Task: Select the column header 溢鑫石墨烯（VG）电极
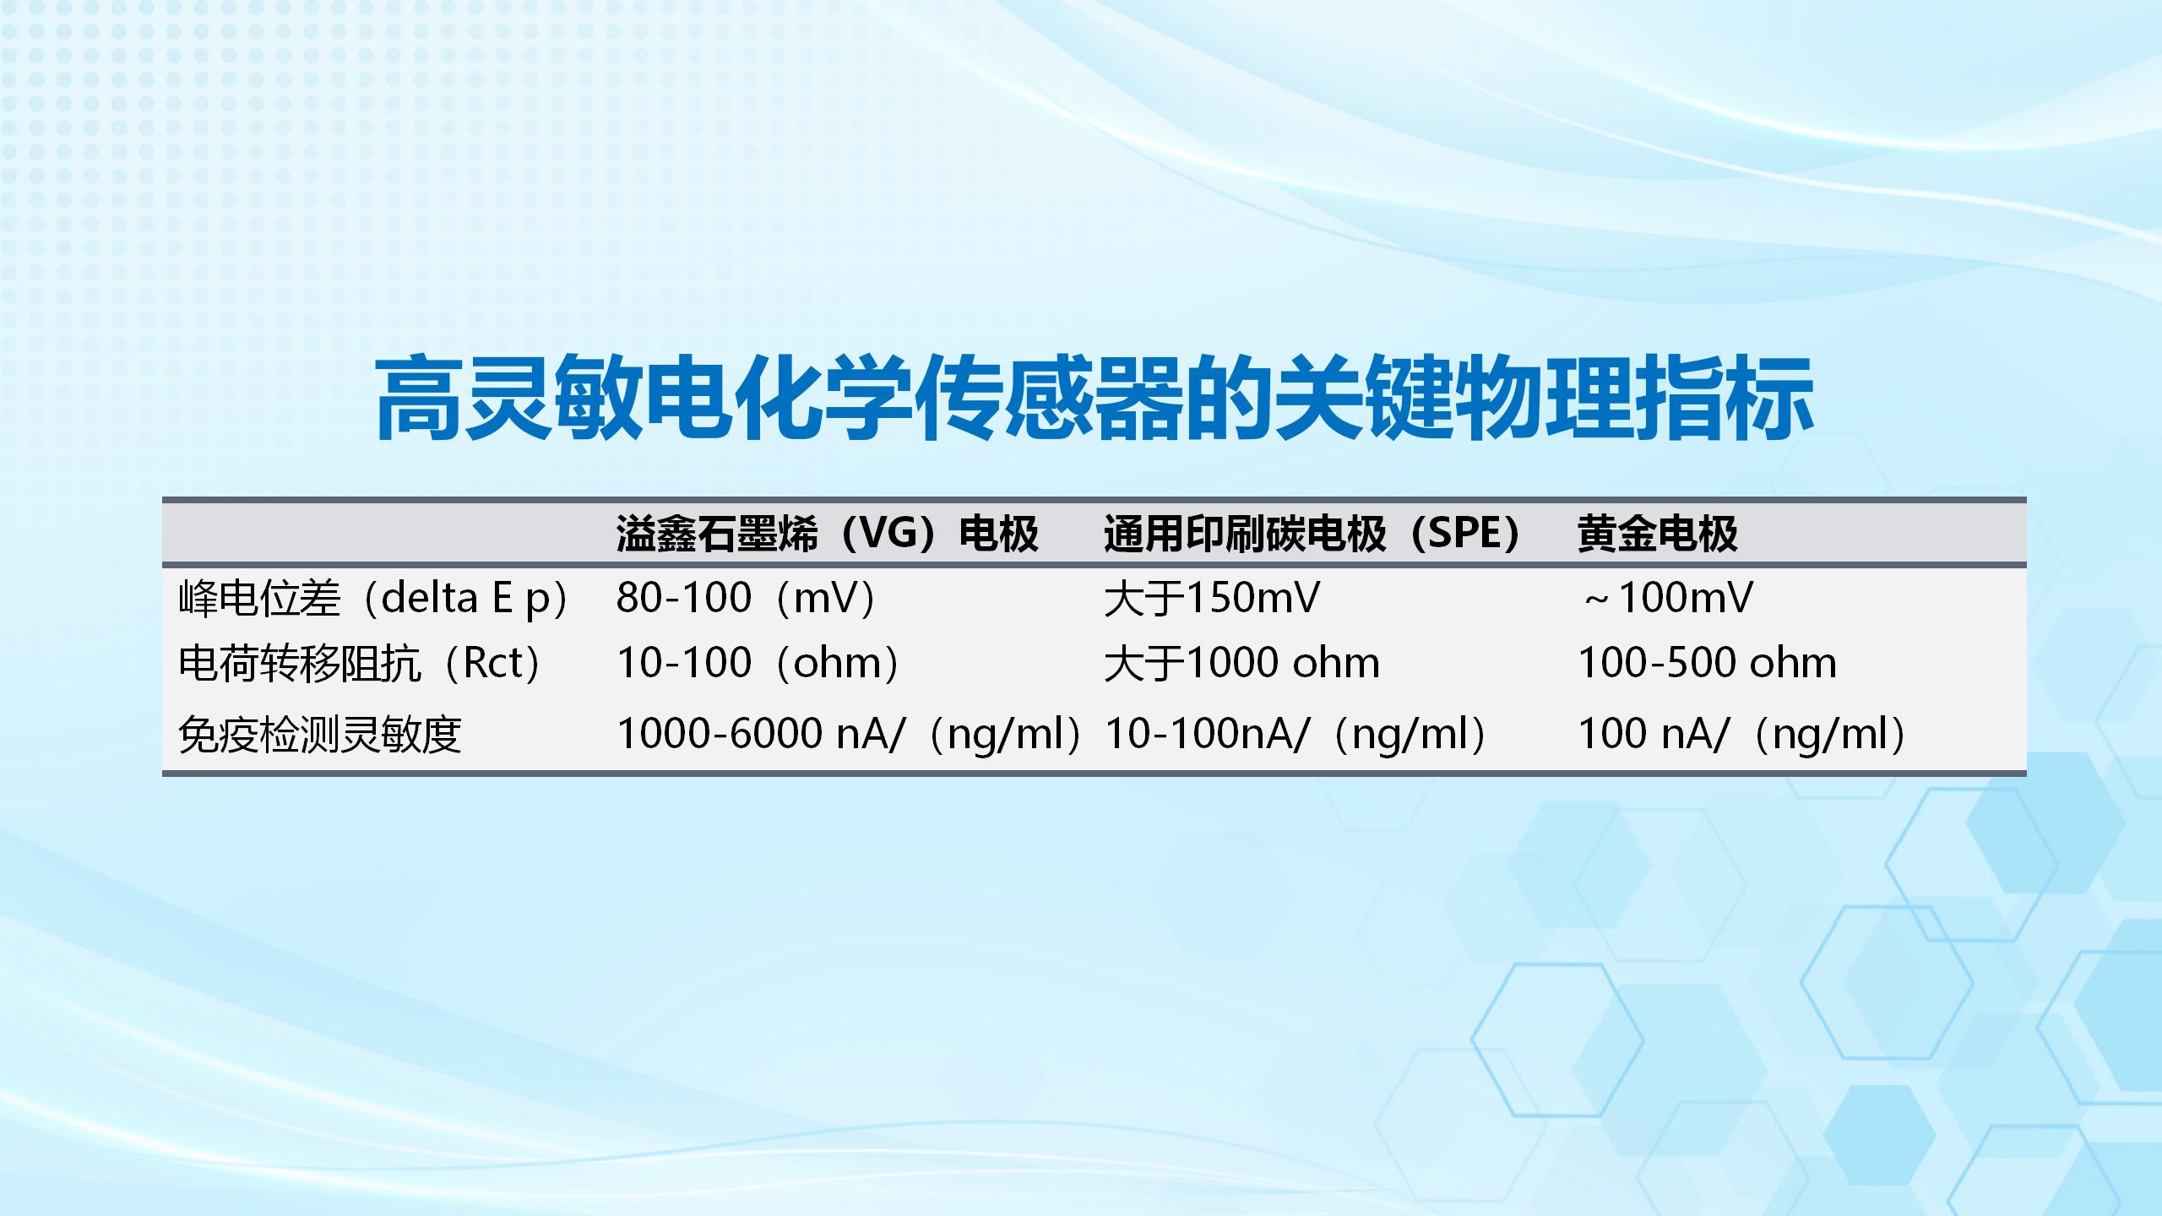point(827,534)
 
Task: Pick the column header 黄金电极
point(1657,534)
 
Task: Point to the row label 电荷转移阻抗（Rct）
point(359,663)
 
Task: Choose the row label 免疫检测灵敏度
point(320,734)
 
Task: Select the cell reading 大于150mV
point(1211,599)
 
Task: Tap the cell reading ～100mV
point(1667,599)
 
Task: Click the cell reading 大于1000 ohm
point(1241,663)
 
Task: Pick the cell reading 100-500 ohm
point(1707,663)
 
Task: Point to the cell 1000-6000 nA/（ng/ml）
point(849,734)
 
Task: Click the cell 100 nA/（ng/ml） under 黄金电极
point(1741,734)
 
